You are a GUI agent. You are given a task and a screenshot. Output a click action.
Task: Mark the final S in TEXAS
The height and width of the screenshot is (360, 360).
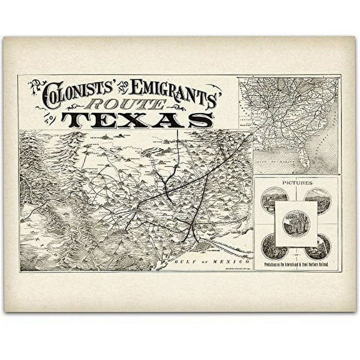point(201,119)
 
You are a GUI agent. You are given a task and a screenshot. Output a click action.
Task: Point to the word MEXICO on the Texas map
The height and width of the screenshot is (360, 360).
point(232,260)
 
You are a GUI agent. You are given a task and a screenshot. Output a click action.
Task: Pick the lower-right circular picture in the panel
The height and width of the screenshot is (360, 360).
point(319,247)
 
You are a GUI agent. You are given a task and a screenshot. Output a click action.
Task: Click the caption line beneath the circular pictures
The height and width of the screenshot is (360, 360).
point(296,265)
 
